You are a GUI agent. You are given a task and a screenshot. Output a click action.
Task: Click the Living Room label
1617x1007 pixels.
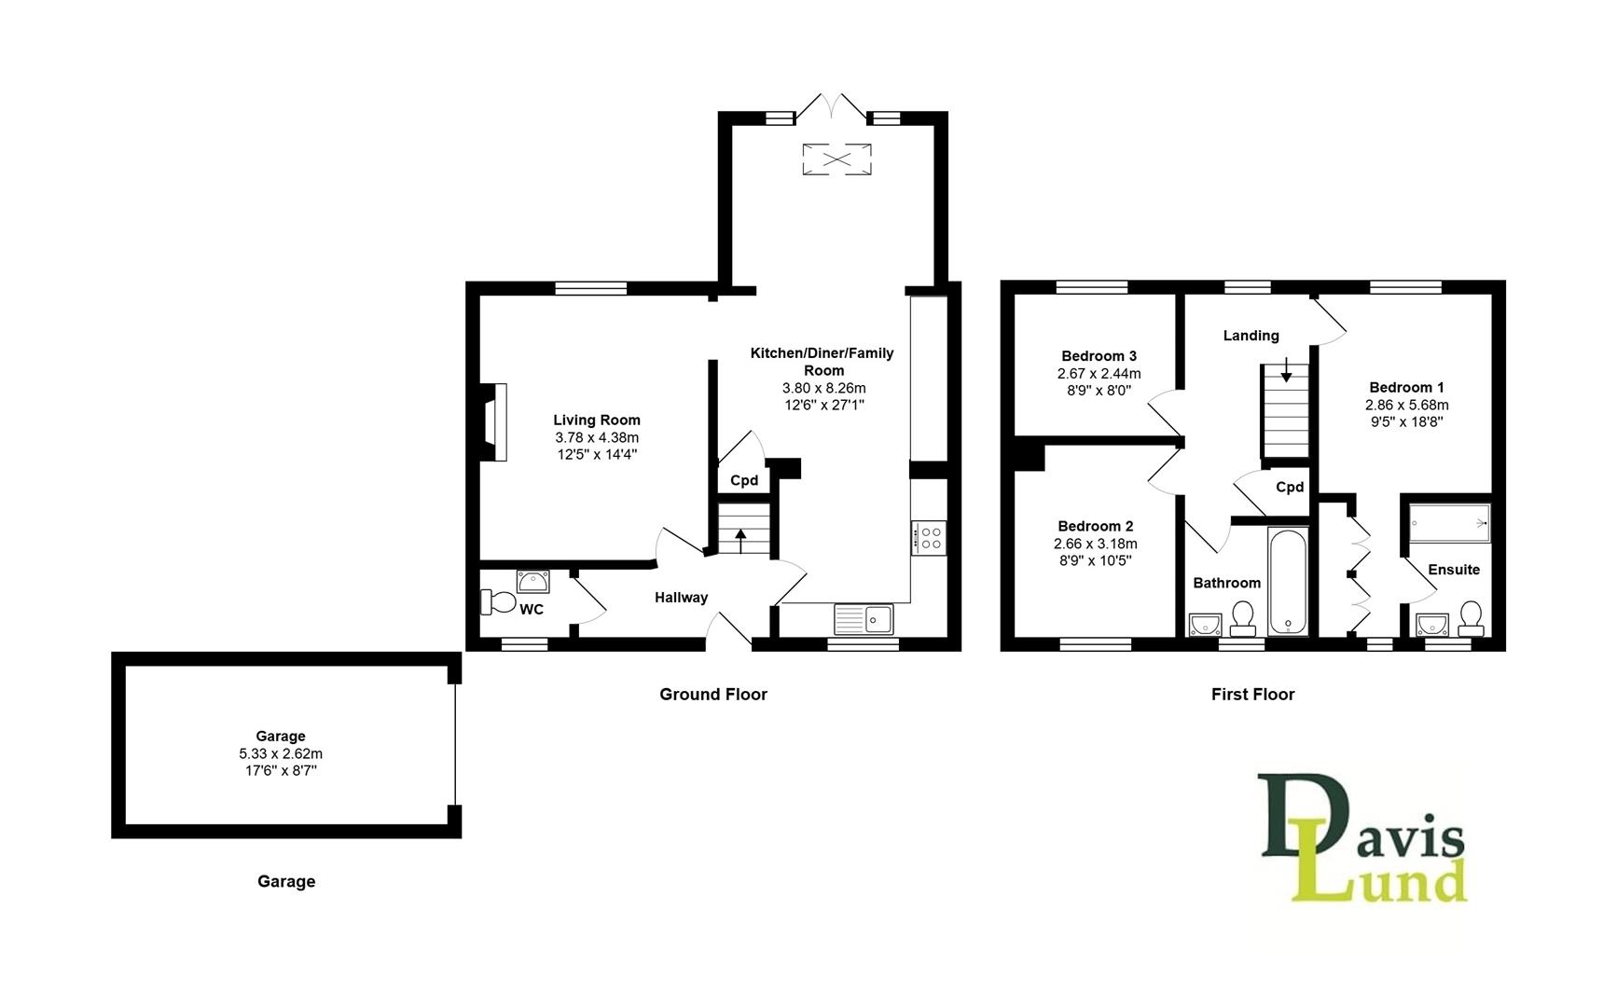pos(597,421)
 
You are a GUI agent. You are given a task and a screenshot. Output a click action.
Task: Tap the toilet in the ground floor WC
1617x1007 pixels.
pos(498,602)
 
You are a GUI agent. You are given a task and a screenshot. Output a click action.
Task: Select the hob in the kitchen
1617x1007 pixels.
pos(930,538)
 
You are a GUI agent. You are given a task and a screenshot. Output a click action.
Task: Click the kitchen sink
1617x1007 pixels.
pos(864,617)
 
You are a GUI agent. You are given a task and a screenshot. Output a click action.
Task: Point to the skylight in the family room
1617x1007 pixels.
pos(836,159)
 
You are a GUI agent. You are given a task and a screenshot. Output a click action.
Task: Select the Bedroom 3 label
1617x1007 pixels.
pos(1099,356)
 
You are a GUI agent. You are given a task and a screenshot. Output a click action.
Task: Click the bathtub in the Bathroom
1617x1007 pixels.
pos(1288,582)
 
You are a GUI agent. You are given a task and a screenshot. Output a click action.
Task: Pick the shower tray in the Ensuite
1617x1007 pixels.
pos(1449,523)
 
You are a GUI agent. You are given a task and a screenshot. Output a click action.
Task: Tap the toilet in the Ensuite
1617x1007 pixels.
pos(1471,617)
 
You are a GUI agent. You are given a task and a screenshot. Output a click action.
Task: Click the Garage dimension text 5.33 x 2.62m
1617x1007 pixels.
pos(281,754)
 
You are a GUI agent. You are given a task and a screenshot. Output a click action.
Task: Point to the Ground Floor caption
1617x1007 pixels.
pos(713,695)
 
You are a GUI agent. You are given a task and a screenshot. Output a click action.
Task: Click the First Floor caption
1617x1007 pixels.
pos(1252,695)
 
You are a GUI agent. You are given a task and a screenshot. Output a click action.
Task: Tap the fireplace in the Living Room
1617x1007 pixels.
pos(495,421)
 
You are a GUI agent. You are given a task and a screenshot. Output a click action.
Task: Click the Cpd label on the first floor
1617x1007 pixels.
pos(1290,488)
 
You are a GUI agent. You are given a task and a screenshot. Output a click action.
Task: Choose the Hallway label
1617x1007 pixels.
pos(681,598)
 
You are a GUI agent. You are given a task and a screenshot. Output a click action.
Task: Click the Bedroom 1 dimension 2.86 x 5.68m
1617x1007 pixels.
pos(1406,406)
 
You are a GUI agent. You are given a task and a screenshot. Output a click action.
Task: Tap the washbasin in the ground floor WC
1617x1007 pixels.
pos(533,582)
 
